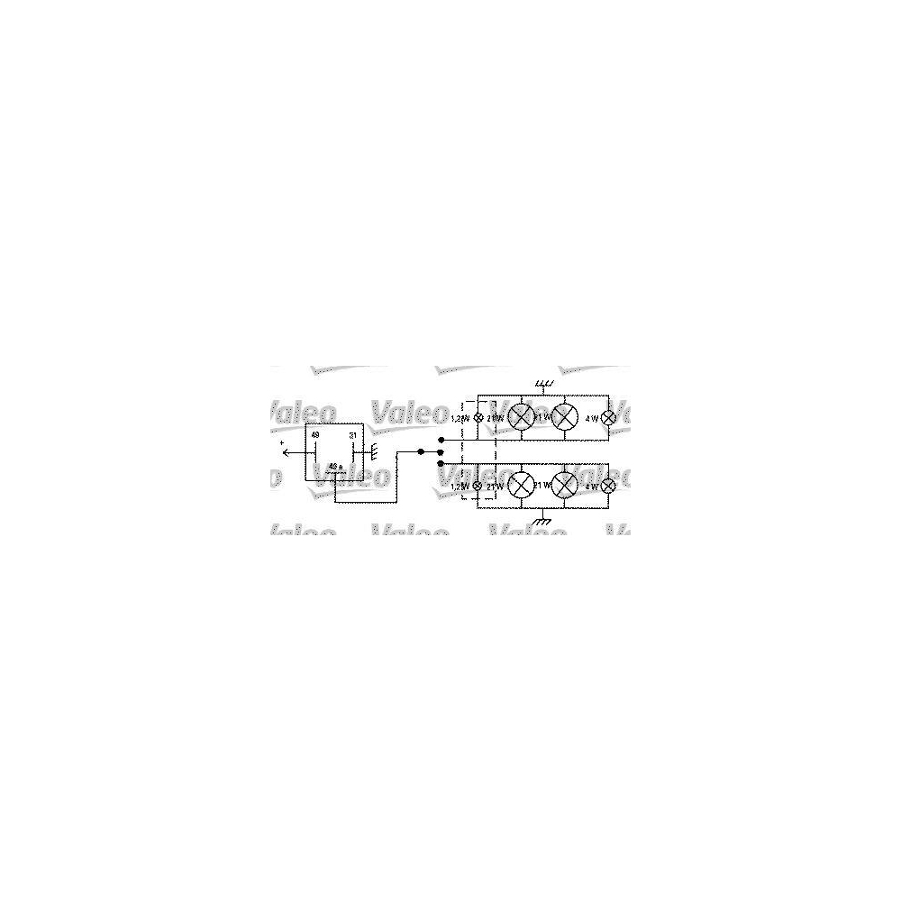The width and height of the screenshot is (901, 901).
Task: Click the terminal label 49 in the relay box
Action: (315, 435)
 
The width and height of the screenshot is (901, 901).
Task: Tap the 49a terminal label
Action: (334, 466)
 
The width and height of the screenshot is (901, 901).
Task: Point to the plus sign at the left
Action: (281, 443)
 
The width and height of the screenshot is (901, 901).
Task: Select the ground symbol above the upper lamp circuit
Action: (543, 386)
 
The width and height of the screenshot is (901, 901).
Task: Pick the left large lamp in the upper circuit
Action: (521, 417)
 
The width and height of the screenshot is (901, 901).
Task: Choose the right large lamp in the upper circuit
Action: (565, 417)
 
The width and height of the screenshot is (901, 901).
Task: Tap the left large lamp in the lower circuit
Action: (521, 485)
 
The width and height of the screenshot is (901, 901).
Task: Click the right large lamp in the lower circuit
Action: (565, 485)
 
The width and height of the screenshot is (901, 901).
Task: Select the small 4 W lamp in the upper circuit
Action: (609, 417)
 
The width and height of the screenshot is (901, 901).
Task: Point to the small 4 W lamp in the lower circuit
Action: (609, 486)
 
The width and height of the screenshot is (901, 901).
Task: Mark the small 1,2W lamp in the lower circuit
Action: (478, 487)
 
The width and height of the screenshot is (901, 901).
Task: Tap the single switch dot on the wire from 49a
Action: (420, 451)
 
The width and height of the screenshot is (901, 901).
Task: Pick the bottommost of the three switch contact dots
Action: (440, 463)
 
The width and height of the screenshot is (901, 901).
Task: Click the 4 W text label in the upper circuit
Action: (591, 418)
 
